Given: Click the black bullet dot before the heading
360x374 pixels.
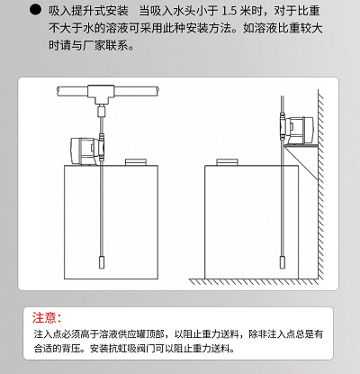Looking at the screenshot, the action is pyautogui.click(x=35, y=10).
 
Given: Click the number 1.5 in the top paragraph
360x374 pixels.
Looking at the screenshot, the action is pyautogui.click(x=229, y=12).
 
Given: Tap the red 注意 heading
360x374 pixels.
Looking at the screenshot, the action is pyautogui.click(x=47, y=317).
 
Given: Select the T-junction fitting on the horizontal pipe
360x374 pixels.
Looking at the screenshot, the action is pyautogui.click(x=101, y=95).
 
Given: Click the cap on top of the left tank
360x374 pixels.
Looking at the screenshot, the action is pyautogui.click(x=136, y=162).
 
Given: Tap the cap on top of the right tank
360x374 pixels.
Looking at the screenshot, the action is pyautogui.click(x=227, y=162).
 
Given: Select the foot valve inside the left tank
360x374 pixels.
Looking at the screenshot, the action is pyautogui.click(x=102, y=262).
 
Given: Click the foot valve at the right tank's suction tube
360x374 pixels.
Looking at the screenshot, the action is pyautogui.click(x=283, y=262).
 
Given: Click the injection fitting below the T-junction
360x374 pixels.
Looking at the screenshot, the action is pyautogui.click(x=102, y=111).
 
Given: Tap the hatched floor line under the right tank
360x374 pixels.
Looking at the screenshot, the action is pyautogui.click(x=254, y=281).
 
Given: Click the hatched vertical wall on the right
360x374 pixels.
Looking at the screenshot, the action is pyautogui.click(x=321, y=185).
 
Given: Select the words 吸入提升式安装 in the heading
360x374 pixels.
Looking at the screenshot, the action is pyautogui.click(x=88, y=12).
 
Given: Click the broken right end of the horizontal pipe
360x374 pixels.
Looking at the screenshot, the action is pyautogui.click(x=157, y=91).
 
